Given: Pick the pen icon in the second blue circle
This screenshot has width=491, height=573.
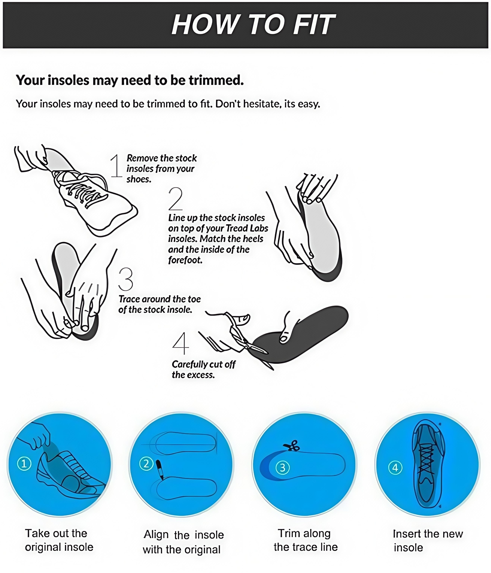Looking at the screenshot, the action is pos(160,469).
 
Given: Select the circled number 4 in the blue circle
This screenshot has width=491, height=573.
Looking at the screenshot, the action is pos(395,468).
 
